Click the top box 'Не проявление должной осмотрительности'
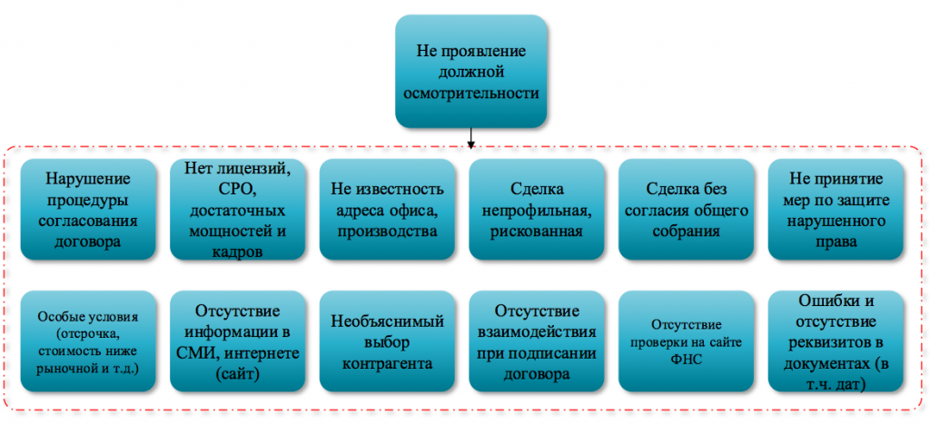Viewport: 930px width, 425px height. (x=471, y=72)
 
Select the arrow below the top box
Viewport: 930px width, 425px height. (x=471, y=137)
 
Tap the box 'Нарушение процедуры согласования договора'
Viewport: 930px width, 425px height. (x=88, y=209)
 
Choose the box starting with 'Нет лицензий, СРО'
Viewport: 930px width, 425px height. (x=238, y=209)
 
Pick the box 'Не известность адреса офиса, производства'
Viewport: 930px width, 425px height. (x=387, y=209)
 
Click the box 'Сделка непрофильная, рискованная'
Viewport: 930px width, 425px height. (x=537, y=209)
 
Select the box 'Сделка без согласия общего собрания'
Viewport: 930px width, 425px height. (x=687, y=209)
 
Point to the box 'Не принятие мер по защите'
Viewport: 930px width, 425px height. (x=836, y=209)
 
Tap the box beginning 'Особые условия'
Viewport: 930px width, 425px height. (x=88, y=341)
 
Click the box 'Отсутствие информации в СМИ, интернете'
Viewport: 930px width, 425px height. (x=238, y=341)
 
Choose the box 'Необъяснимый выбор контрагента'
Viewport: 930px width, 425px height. (x=387, y=341)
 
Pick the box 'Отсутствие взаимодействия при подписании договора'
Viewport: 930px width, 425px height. (x=537, y=341)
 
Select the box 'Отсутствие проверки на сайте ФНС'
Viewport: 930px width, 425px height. (x=687, y=341)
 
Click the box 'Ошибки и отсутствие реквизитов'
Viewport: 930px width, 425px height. (x=836, y=341)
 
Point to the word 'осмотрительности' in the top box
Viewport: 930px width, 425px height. (x=471, y=93)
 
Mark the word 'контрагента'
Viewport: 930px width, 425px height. (x=387, y=362)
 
